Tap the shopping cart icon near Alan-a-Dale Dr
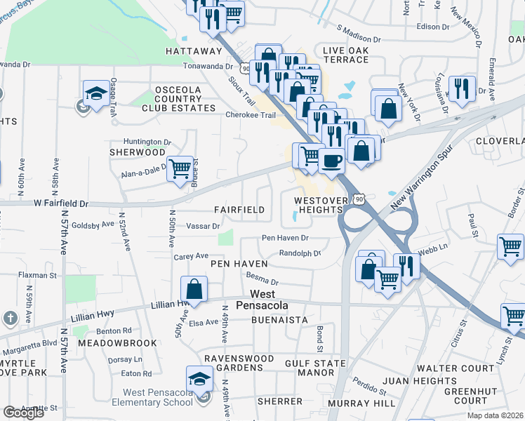180,168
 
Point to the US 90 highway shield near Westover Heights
359,200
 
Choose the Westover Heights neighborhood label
321,205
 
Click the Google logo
23,412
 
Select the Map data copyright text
495,414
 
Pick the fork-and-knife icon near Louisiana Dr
461,88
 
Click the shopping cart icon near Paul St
510,246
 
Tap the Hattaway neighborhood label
194,51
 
